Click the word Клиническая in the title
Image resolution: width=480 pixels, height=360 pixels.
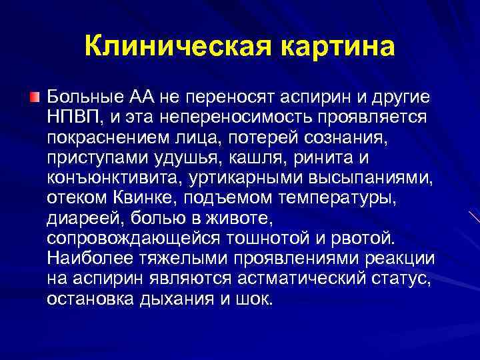[x=176, y=46]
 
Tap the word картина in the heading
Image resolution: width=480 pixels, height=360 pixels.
[x=337, y=46]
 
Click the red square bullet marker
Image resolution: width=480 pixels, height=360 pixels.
[x=35, y=97]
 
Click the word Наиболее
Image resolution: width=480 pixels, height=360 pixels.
[x=87, y=259]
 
